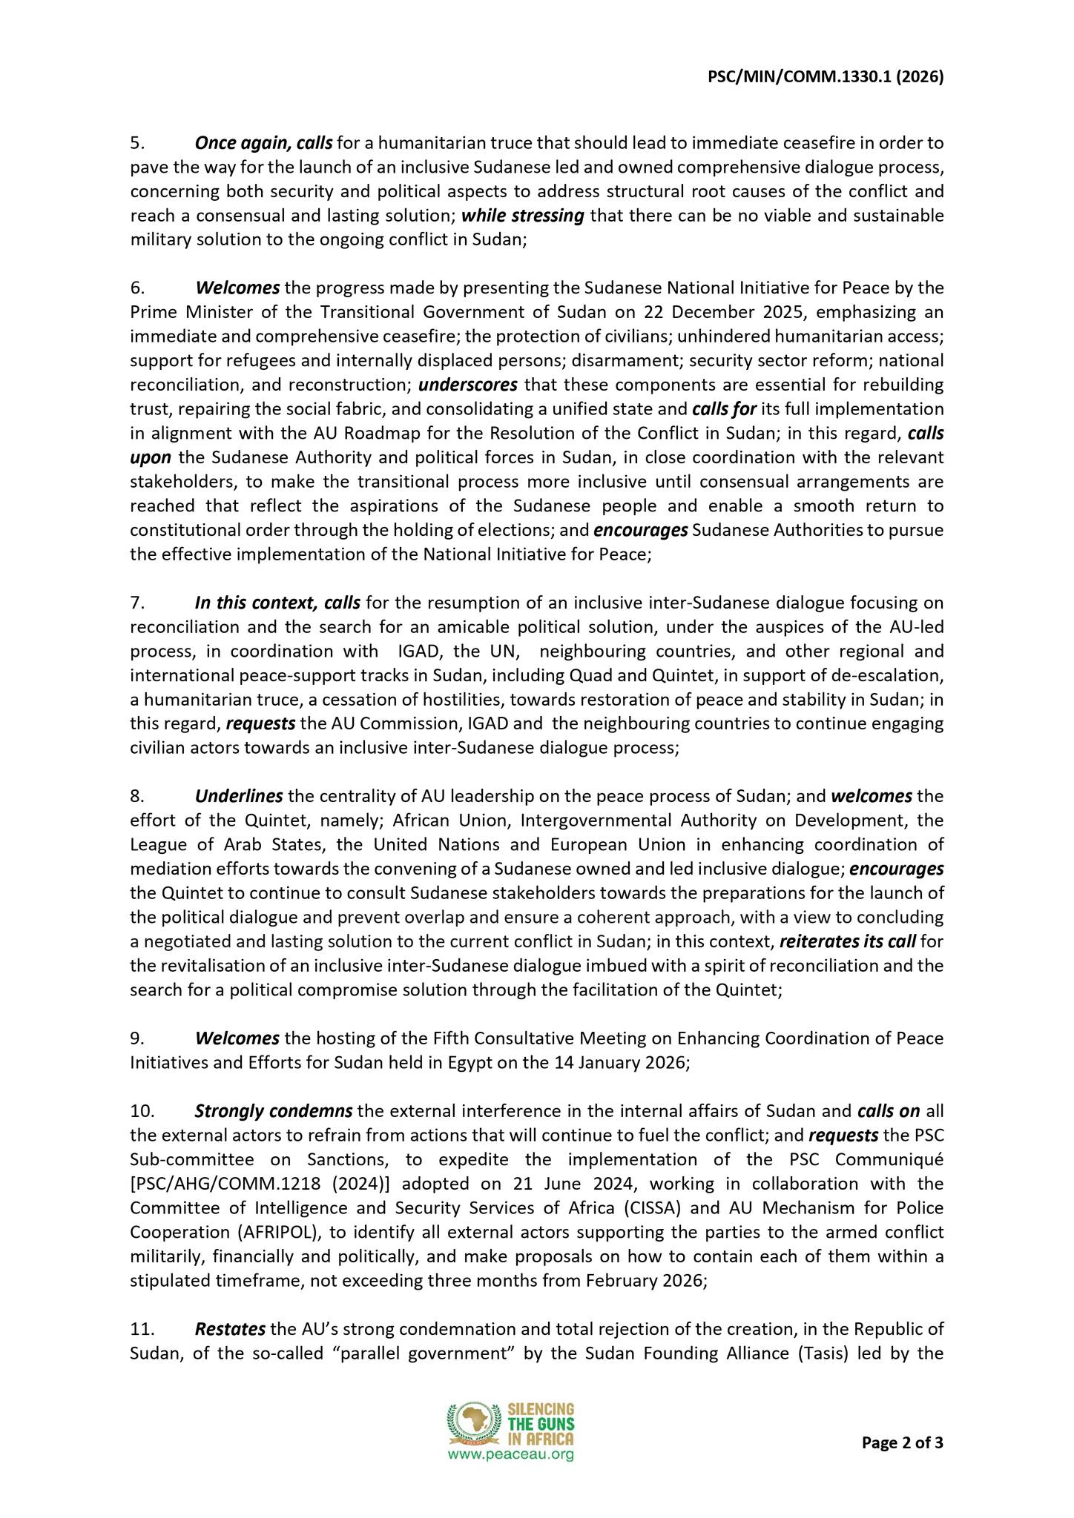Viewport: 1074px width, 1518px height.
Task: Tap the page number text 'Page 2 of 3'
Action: pyautogui.click(x=902, y=1443)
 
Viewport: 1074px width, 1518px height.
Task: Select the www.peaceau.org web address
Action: pyautogui.click(x=510, y=1455)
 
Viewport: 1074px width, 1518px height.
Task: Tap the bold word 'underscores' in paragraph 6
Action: pyautogui.click(x=467, y=385)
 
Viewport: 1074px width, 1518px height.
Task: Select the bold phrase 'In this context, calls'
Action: pyautogui.click(x=277, y=603)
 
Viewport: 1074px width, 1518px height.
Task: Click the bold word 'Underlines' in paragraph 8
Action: pyautogui.click(x=239, y=796)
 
